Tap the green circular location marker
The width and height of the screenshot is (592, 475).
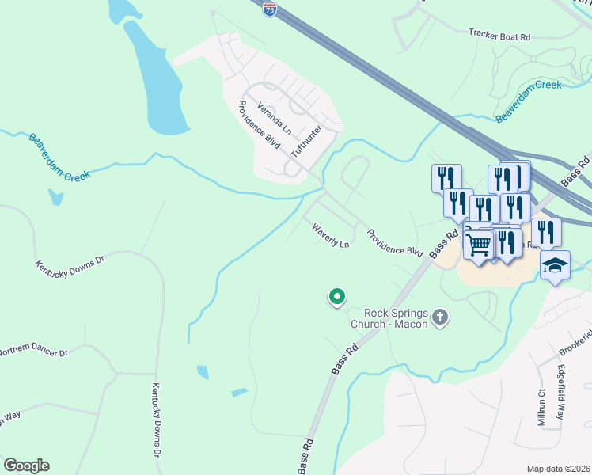[336, 297]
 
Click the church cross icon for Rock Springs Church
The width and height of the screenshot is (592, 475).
[441, 318]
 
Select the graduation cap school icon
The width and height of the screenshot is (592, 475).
[555, 266]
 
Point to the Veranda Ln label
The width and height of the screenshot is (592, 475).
[275, 118]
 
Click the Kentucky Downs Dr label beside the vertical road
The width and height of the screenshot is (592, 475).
[156, 420]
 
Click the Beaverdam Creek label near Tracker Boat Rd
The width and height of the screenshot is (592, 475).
[529, 101]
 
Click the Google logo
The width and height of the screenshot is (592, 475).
[25, 465]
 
